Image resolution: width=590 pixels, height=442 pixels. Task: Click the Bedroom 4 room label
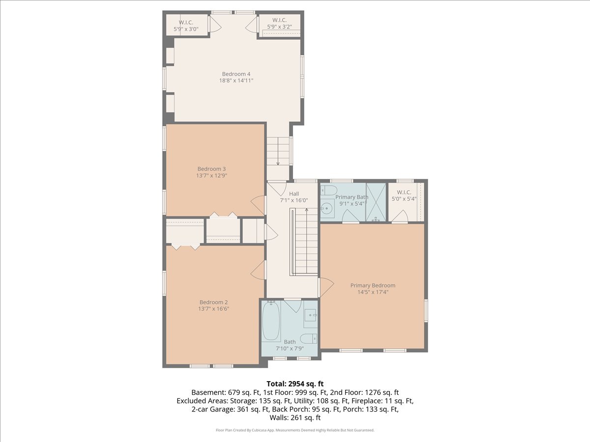(x=236, y=74)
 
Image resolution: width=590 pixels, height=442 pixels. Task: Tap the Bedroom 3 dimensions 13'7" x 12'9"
(x=211, y=175)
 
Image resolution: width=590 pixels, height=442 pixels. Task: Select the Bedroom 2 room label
(x=213, y=302)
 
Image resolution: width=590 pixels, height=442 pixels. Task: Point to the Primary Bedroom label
(x=373, y=285)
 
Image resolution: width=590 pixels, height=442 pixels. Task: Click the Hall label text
(x=294, y=193)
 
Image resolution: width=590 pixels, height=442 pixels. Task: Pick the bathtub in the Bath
(x=271, y=322)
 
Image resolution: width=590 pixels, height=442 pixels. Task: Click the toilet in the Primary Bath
(x=328, y=190)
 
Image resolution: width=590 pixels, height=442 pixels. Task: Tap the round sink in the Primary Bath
(x=327, y=208)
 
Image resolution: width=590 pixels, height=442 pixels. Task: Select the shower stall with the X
(x=376, y=202)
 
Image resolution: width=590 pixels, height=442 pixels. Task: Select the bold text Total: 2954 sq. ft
(x=295, y=384)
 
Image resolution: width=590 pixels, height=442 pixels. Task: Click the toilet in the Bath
(x=308, y=339)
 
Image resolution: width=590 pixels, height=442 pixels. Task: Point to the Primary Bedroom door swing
(x=326, y=287)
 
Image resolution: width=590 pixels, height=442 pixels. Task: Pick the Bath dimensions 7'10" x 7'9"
(x=290, y=348)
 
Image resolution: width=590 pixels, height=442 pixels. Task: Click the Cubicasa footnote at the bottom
(x=295, y=430)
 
